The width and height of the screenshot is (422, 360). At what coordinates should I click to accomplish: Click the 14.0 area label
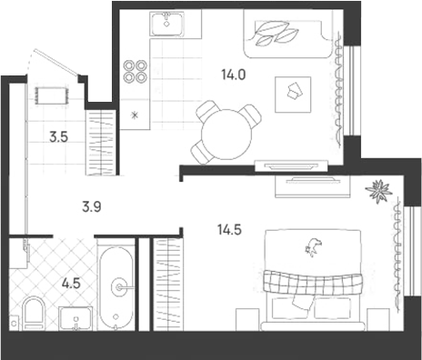click(233, 75)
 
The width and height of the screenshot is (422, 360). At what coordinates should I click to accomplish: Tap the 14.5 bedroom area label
click(229, 230)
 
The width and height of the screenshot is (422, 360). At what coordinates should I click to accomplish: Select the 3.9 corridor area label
click(92, 207)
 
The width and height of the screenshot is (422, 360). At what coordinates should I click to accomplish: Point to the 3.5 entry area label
click(59, 137)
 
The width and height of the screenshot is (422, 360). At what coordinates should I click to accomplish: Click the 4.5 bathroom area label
click(71, 284)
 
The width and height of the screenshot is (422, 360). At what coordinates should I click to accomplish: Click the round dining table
click(226, 135)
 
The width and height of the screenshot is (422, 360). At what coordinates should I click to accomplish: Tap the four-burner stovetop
click(135, 71)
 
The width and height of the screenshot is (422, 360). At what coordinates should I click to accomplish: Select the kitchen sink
click(166, 24)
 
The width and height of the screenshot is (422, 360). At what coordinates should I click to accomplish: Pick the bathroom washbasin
click(75, 318)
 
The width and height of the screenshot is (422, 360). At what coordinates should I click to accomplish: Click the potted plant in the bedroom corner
click(378, 192)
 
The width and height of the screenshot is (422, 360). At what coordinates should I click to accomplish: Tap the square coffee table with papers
click(293, 95)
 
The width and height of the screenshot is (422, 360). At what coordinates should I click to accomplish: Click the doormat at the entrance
click(51, 95)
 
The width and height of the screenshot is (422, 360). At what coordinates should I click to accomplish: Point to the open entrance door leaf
click(56, 62)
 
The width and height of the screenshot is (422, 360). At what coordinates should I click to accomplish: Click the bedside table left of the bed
click(247, 320)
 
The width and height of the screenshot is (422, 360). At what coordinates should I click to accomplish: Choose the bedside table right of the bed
click(377, 320)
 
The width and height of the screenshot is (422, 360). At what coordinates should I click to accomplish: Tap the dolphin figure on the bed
click(313, 246)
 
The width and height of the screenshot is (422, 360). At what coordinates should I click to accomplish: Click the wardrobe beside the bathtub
click(168, 285)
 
